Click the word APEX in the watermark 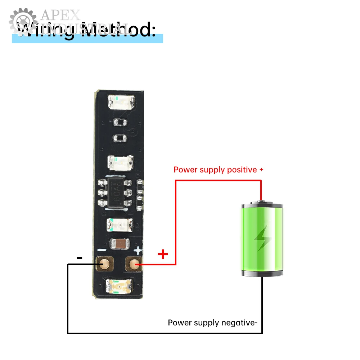tap(60, 15)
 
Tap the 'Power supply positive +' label tap(219, 170)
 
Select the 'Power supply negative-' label tap(212, 323)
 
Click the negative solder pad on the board tap(104, 265)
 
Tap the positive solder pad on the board tap(134, 265)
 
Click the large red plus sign tap(163, 255)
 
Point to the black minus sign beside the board tap(80, 258)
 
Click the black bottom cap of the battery tap(262, 273)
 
